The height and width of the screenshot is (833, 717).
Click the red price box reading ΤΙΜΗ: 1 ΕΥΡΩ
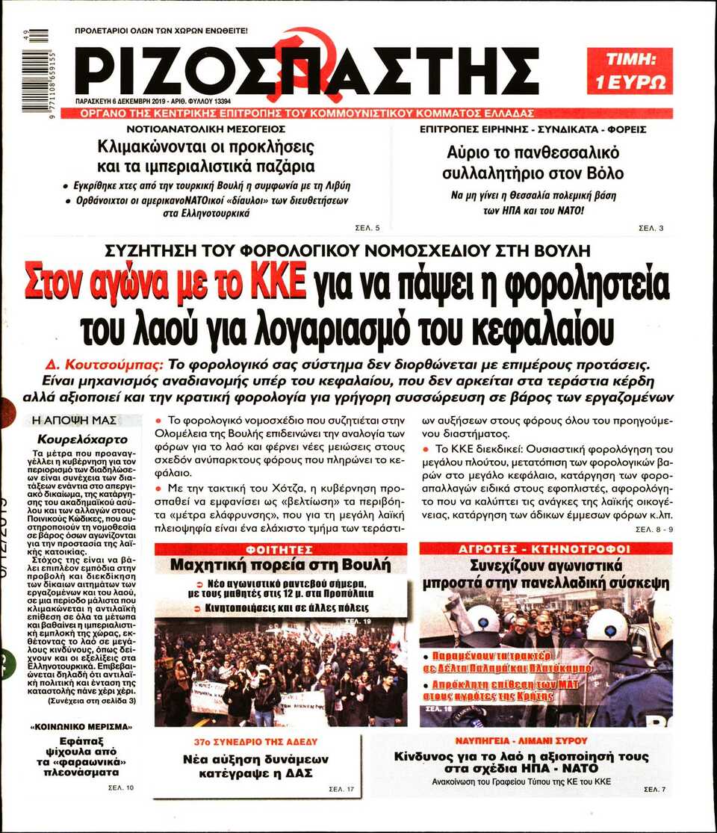(x=629, y=72)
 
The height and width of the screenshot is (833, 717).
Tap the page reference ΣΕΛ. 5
(x=367, y=228)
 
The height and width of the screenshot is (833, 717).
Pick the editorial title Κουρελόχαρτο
(x=82, y=439)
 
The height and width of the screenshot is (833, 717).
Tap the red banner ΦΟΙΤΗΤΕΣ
(x=281, y=549)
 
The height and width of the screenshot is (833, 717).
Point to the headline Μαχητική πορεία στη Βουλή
(x=281, y=565)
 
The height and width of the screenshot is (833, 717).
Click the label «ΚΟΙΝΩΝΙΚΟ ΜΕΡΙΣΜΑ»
(x=81, y=726)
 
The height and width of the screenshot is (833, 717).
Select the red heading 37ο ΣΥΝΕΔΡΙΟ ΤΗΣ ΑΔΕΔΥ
(x=255, y=742)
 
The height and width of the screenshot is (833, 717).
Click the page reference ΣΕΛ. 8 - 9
(x=654, y=530)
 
